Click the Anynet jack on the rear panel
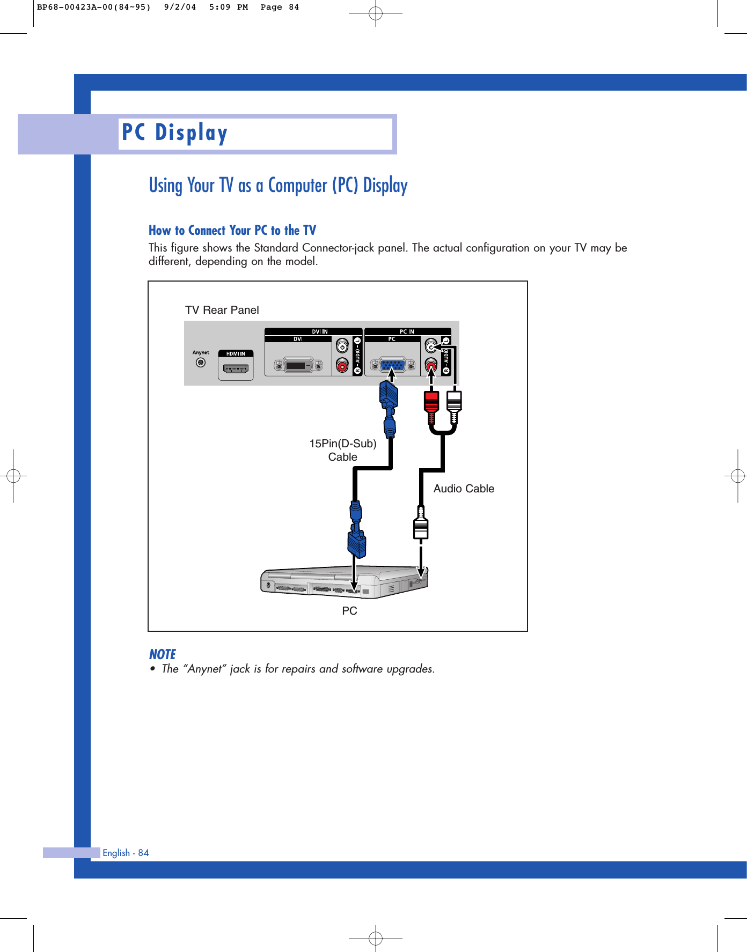tap(201, 363)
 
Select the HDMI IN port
tap(236, 368)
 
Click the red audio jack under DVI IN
tap(342, 366)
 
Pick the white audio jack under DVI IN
tap(342, 346)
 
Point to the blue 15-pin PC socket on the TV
tap(392, 366)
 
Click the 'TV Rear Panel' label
tap(222, 310)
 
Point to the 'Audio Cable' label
tap(464, 489)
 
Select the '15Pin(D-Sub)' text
tap(342, 444)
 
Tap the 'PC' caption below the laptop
tap(349, 611)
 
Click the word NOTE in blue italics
tap(162, 654)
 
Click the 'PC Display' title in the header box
tap(175, 132)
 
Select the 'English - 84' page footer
tap(126, 853)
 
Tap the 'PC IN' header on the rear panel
tap(407, 331)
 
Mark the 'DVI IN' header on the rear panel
tap(320, 331)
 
